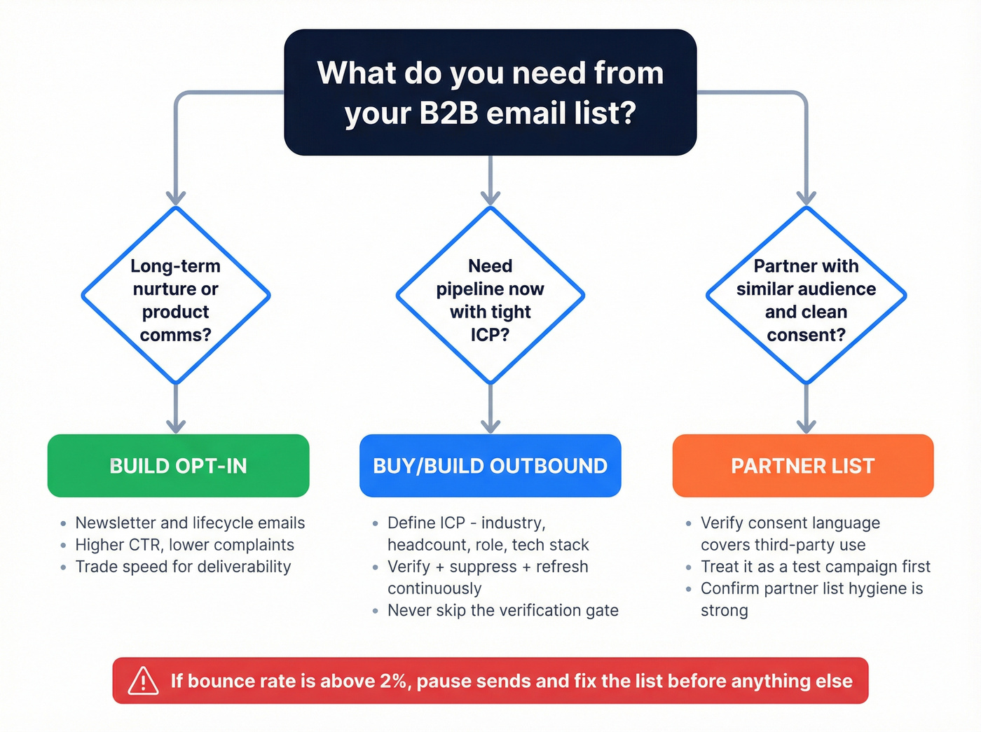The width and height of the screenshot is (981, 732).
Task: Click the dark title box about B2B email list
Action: [490, 92]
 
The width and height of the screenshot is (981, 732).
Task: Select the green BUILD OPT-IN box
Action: [178, 466]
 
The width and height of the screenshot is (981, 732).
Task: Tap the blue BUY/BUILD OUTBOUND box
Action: [490, 466]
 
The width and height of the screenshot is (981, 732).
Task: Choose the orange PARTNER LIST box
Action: [802, 466]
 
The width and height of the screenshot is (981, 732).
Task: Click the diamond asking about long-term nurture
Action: [176, 296]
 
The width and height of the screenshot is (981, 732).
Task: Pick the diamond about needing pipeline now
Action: [490, 296]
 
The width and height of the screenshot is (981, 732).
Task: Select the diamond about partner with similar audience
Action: [806, 296]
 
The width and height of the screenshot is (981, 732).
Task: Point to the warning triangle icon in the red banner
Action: [143, 681]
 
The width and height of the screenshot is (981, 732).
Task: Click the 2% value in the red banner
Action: [392, 681]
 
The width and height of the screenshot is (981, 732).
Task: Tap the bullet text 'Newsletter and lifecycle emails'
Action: [190, 523]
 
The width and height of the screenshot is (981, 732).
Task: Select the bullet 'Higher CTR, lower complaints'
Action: [184, 545]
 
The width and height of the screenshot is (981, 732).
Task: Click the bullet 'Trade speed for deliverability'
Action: [183, 567]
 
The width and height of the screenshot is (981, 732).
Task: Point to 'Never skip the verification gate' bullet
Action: [502, 611]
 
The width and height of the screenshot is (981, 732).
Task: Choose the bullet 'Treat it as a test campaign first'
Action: [815, 567]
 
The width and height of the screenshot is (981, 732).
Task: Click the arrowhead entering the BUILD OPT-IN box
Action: [176, 425]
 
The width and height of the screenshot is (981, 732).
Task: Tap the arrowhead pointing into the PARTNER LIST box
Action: [807, 425]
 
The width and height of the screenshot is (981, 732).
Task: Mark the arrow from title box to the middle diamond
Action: [490, 180]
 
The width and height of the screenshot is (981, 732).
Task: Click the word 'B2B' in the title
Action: [448, 113]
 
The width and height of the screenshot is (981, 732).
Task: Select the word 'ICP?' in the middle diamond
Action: [490, 335]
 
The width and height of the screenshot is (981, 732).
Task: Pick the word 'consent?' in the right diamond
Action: [806, 335]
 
